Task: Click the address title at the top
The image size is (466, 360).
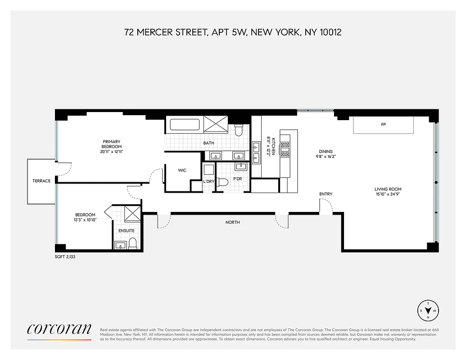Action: [x=233, y=32]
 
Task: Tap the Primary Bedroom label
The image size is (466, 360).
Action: [x=111, y=144]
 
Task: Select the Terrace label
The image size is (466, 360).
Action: [x=41, y=181]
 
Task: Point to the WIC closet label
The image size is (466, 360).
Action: [x=182, y=171]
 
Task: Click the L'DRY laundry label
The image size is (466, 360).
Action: [x=208, y=181]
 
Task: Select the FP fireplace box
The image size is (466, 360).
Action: [x=383, y=125]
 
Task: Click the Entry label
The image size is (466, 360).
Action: [x=326, y=194]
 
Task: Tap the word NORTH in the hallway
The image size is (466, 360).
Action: [x=233, y=222]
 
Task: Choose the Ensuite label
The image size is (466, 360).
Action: [x=127, y=231]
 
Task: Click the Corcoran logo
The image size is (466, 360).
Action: [x=59, y=329]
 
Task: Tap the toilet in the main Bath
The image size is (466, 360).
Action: [x=239, y=131]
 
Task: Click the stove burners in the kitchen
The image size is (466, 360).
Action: [x=285, y=149]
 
